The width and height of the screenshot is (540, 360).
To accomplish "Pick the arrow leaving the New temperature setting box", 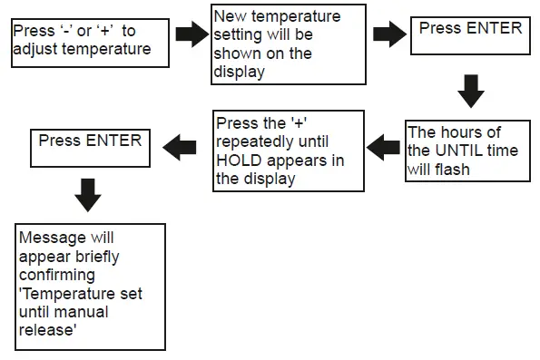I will [x=389, y=35].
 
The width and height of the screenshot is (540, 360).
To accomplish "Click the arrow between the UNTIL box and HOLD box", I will [x=383, y=144].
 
